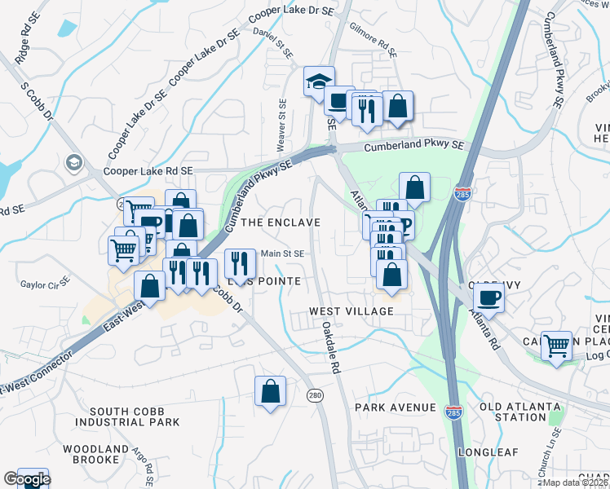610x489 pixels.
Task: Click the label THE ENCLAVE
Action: tap(278, 222)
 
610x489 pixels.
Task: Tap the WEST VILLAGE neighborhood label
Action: tap(351, 311)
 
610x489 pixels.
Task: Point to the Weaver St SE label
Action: tap(281, 126)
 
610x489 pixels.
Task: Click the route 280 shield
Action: tap(316, 395)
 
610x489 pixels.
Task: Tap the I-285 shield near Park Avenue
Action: tap(455, 413)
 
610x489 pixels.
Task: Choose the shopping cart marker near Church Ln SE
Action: tap(556, 346)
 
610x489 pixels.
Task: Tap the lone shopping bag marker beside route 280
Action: tap(270, 391)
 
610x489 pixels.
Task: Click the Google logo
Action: tap(26, 479)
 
